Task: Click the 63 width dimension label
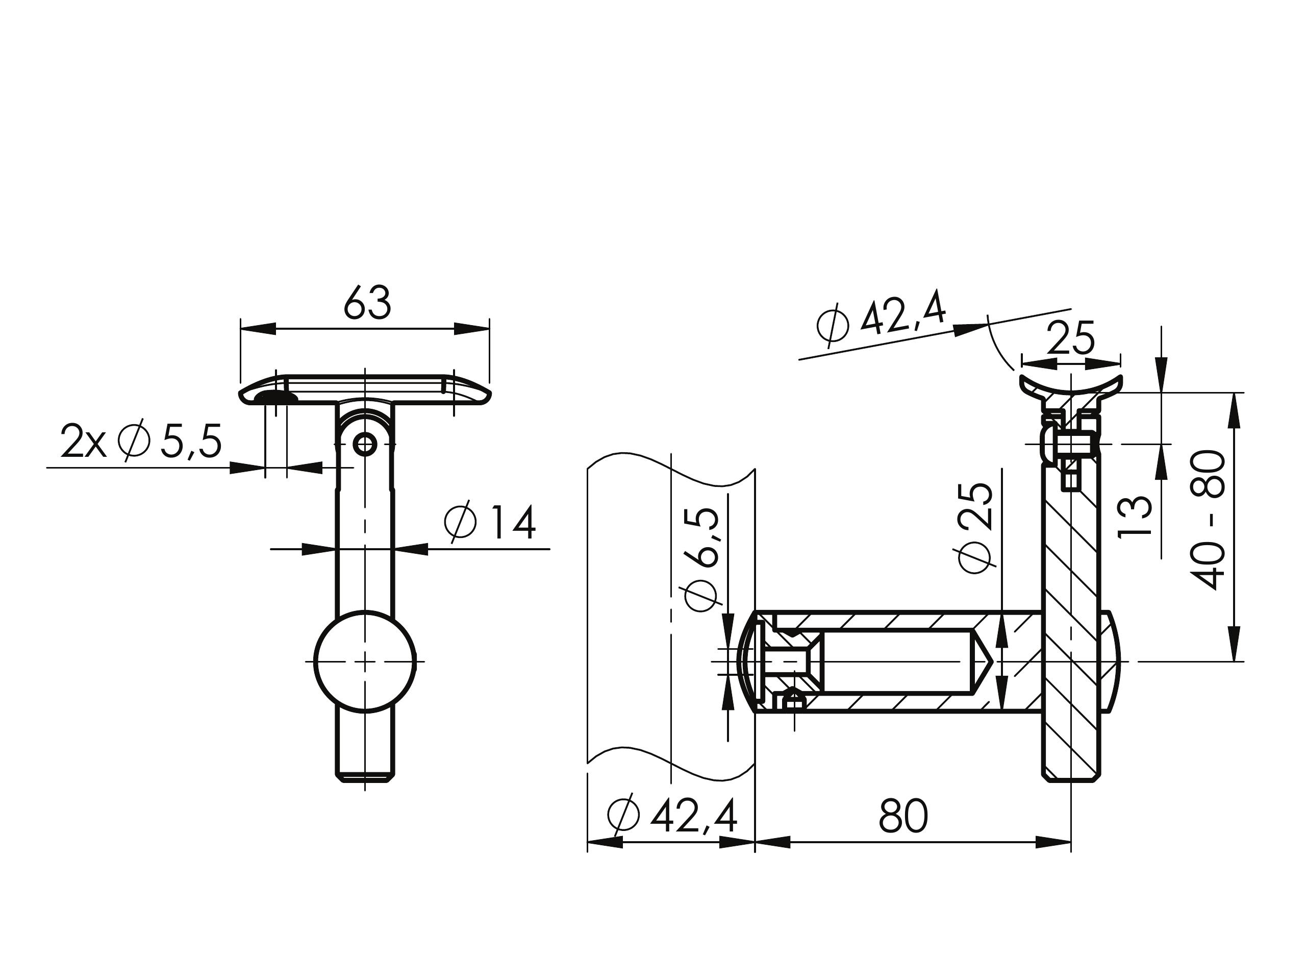click(367, 303)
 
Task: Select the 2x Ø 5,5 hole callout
click(141, 440)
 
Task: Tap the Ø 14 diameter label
click(489, 522)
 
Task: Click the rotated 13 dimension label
click(1135, 516)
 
